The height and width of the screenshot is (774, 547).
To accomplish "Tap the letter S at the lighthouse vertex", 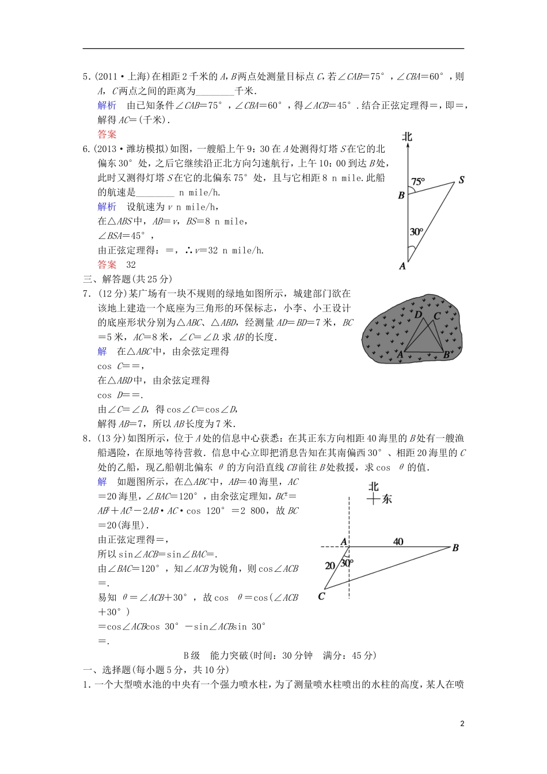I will point(461,180).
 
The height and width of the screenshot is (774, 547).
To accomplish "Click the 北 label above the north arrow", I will point(407,136).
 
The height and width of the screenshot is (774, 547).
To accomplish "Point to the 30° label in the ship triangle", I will point(416,232).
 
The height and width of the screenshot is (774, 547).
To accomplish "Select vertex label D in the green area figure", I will point(418,315).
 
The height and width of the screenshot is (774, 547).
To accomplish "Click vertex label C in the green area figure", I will point(436,316).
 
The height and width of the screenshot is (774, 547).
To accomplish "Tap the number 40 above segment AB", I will point(398,541).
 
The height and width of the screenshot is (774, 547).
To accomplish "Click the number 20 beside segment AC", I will point(330,566).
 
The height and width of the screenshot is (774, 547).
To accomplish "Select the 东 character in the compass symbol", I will point(386,499).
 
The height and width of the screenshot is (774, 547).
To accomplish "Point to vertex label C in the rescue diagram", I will point(321,597).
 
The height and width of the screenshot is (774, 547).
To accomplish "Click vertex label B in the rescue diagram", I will point(455,548).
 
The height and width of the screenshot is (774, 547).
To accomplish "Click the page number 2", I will point(462,724).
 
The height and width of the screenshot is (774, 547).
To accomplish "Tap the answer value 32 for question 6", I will point(131,264).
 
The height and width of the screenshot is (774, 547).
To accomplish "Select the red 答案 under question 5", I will point(107,134).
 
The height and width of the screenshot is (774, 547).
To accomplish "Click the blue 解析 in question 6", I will point(107,206).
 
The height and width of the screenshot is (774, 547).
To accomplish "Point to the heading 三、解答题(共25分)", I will point(127,279).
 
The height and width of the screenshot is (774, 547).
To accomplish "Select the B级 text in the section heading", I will point(192,655).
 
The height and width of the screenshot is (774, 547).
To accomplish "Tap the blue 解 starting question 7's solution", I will point(102,351).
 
